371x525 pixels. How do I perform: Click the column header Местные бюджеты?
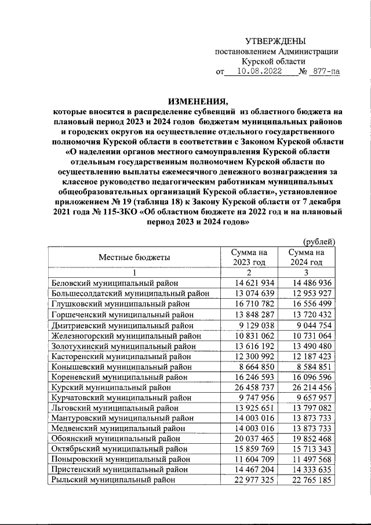point(134,257)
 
